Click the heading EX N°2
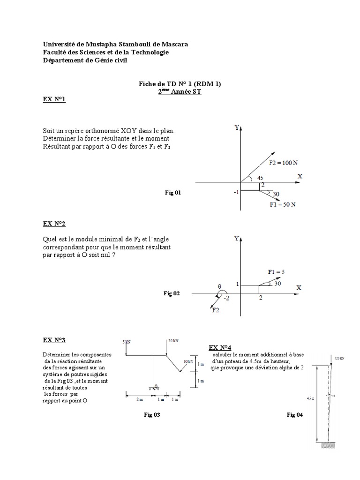(54, 224)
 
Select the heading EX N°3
(54, 340)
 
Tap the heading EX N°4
(220, 347)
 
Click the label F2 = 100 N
(283, 163)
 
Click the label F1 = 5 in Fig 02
(277, 272)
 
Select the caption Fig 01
(172, 192)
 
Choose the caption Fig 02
(171, 293)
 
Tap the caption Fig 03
(152, 414)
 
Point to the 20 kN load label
(173, 341)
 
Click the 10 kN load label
(188, 362)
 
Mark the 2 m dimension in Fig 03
(140, 399)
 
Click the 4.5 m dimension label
(311, 398)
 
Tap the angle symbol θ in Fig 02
(219, 285)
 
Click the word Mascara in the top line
(174, 44)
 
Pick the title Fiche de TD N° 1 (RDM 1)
(180, 84)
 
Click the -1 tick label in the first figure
(237, 192)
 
